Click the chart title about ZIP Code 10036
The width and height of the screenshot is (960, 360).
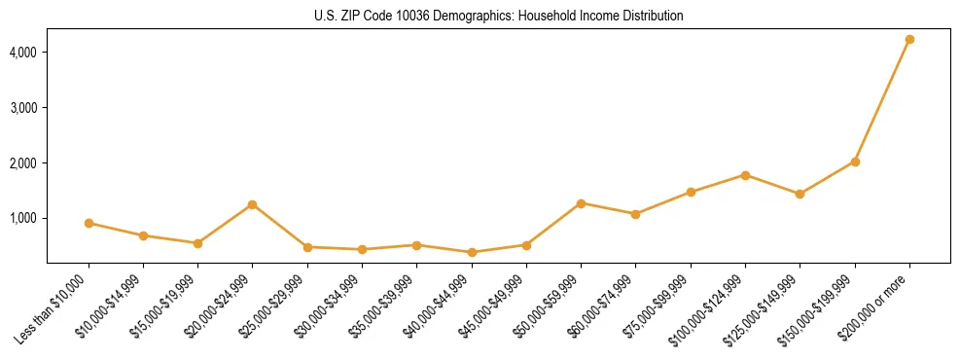coord(499,16)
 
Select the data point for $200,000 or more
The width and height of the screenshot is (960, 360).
coord(909,40)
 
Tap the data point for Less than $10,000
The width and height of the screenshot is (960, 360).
coord(89,223)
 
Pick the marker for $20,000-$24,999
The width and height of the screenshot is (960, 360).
coord(253,204)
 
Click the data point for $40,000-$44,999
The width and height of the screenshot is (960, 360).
coord(472,252)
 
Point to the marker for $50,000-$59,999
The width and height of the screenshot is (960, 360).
coord(581,203)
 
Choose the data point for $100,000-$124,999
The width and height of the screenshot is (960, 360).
coord(745,175)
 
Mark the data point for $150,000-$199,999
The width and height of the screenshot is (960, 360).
coord(855,162)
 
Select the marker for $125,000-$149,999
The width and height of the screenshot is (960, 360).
coord(800,194)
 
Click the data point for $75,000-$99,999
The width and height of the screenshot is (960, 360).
coord(691,192)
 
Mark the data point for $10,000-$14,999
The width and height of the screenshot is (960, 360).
coord(143,235)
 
